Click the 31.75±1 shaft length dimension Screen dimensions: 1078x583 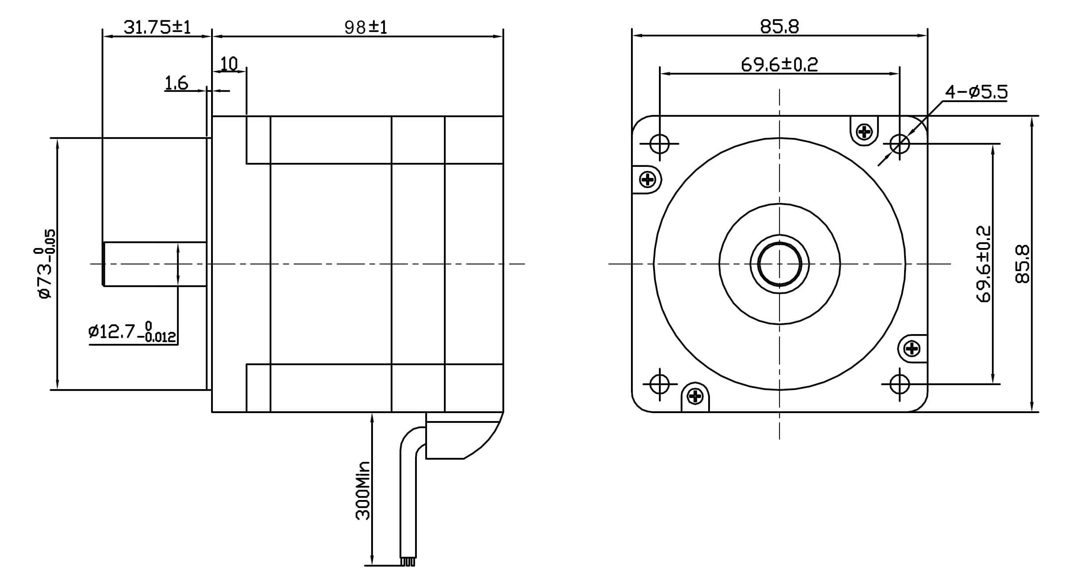point(157,27)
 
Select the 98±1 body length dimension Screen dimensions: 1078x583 point(366,28)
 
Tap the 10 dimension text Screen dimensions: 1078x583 point(229,64)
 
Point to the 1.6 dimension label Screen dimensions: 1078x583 point(176,83)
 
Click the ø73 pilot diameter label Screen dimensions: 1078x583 point(45,264)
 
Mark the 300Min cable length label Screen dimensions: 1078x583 point(363,490)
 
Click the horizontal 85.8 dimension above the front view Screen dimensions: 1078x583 point(780,27)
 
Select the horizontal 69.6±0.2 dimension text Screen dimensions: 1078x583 point(779,65)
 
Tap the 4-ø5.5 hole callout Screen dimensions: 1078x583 point(976,92)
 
